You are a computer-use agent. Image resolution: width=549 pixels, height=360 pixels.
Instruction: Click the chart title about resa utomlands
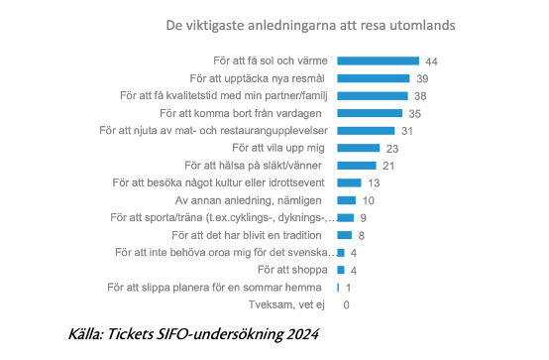coord(310,25)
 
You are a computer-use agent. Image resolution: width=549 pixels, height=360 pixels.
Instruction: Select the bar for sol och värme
coord(379,61)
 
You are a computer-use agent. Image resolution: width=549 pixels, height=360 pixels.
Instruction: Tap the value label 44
coord(431,61)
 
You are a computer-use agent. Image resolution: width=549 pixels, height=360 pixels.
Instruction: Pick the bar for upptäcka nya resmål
coord(374,78)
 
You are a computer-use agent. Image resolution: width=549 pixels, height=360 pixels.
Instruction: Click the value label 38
coord(420,96)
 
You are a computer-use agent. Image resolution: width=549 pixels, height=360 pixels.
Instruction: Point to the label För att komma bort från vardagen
coord(241,113)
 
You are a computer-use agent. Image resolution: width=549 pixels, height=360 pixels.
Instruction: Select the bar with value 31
coord(366,131)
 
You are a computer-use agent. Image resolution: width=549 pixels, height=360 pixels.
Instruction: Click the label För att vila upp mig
coord(278,148)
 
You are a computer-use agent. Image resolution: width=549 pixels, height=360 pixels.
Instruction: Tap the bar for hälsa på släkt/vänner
coord(357,166)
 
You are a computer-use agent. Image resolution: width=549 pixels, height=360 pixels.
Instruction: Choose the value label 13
coord(374,183)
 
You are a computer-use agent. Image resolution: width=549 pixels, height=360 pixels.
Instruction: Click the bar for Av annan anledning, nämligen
coord(346,200)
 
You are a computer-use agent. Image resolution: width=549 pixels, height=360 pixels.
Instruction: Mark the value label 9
coord(363,218)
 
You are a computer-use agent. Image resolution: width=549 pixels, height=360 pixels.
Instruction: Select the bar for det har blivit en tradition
coord(345,235)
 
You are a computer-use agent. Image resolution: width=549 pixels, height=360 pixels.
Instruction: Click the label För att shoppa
coord(292,270)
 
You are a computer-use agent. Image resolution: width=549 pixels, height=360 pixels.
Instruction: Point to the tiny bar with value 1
coord(338,288)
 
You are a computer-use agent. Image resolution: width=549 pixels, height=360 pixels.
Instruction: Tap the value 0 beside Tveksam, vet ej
coord(346,305)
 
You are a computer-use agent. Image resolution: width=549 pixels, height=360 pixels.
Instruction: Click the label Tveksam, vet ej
coord(286,304)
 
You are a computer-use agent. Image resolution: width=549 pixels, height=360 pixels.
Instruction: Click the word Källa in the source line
coord(86,334)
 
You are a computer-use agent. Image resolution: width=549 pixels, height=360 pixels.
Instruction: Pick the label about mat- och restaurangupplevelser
coord(214,130)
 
